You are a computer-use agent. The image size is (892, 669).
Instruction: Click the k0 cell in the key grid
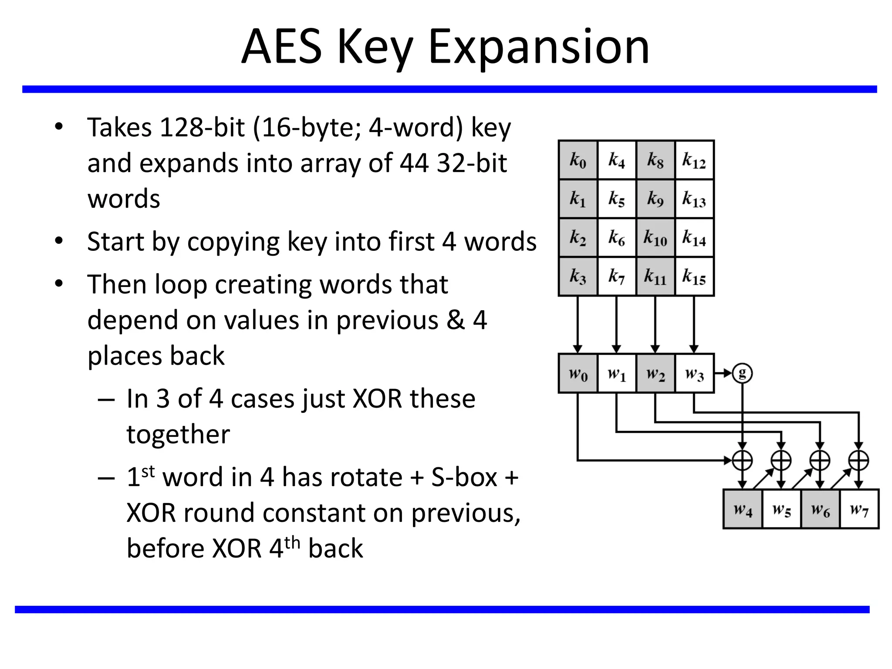click(x=578, y=160)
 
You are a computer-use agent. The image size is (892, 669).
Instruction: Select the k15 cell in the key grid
click(x=694, y=277)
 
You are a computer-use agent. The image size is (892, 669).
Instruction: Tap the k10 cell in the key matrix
click(x=655, y=238)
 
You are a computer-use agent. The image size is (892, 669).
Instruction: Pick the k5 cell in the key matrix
click(x=617, y=199)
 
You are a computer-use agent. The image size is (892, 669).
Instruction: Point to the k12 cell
click(x=694, y=160)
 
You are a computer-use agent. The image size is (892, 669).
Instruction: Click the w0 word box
click(x=578, y=373)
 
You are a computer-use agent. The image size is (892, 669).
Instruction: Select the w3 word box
click(x=694, y=373)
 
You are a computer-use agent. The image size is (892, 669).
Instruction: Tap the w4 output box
click(x=743, y=509)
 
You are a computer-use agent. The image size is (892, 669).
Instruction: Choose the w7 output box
click(x=859, y=509)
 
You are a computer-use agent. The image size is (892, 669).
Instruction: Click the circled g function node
click(x=742, y=373)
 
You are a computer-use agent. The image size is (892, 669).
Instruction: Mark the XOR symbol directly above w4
click(x=743, y=460)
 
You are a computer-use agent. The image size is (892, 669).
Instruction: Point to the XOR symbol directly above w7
click(x=859, y=460)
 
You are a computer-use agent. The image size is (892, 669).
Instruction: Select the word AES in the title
click(x=281, y=46)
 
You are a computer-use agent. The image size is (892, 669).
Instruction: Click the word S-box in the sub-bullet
click(x=464, y=477)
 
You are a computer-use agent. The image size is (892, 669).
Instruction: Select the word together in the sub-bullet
click(x=178, y=434)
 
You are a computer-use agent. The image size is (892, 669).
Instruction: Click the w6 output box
click(x=820, y=509)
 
